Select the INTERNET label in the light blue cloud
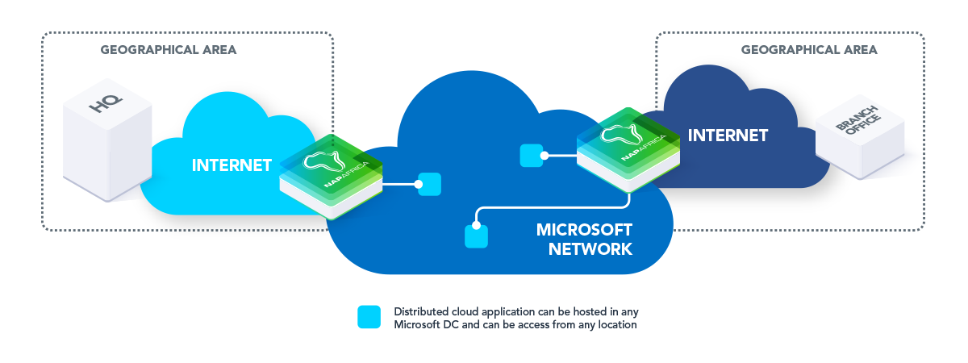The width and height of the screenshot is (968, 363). point(232,165)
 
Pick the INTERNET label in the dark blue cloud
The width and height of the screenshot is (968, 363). point(728,135)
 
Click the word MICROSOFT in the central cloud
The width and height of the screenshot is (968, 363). point(584,230)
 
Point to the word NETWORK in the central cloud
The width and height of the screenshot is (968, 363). point(590,249)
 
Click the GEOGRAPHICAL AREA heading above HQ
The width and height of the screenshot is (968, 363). point(169,50)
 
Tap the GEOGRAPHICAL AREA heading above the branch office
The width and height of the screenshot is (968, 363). point(809,50)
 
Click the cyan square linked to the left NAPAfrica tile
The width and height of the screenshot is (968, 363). point(430,184)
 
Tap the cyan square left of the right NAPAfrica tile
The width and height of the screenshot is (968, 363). point(531,156)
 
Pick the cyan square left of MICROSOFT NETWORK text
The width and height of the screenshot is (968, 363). point(477,236)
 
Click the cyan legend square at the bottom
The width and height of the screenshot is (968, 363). point(369,318)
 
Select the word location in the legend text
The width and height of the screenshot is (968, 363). point(616,325)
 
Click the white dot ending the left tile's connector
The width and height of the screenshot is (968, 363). point(419,185)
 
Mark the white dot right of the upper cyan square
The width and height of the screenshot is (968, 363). point(545,156)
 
